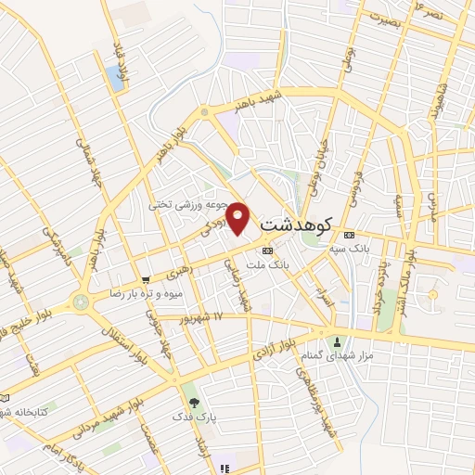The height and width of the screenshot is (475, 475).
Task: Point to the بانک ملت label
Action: coord(297,264)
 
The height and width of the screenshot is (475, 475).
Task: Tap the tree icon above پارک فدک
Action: coord(194,403)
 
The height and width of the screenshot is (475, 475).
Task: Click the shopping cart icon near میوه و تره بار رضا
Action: coord(146,279)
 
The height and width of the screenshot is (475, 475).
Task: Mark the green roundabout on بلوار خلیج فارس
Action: coord(81,301)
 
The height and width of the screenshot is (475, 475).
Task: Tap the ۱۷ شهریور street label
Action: coord(205,316)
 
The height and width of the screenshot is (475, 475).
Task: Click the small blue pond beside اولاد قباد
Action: coord(116,78)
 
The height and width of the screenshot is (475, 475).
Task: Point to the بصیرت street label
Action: coord(383,19)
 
